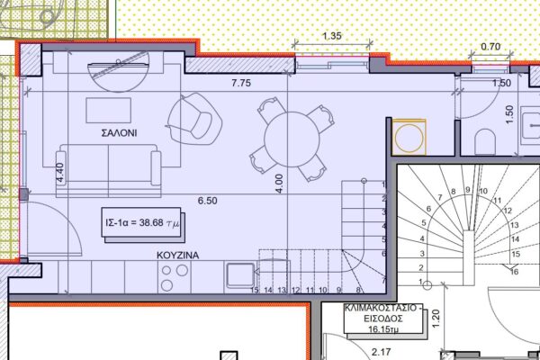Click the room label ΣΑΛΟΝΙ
pyautogui.click(x=119, y=133)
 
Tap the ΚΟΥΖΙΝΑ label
pyautogui.click(x=177, y=256)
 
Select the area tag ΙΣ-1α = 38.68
pyautogui.click(x=141, y=222)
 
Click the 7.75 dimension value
pyautogui.click(x=241, y=83)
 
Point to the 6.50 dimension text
pyautogui.click(x=207, y=201)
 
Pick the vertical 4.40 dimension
pyautogui.click(x=60, y=173)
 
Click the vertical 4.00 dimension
pyautogui.click(x=279, y=184)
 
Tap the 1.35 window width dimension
pyautogui.click(x=332, y=36)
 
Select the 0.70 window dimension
pyautogui.click(x=490, y=46)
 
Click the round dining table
pyautogui.click(x=292, y=139)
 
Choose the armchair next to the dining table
pyautogui.click(x=194, y=119)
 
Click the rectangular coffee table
pyautogui.click(x=109, y=110)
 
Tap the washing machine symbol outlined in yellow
pyautogui.click(x=409, y=137)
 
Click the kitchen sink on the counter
pyautogui.click(x=240, y=274)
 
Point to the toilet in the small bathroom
pyautogui.click(x=485, y=141)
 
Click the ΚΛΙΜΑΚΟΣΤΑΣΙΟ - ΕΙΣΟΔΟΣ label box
pyautogui.click(x=383, y=319)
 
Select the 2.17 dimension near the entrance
pyautogui.click(x=382, y=352)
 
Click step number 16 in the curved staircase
pyautogui.click(x=514, y=272)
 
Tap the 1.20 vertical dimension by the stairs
pyautogui.click(x=436, y=319)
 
